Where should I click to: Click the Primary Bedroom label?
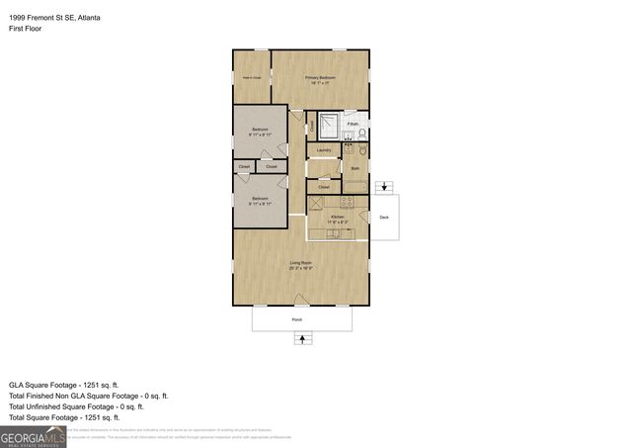pyautogui.click(x=320, y=79)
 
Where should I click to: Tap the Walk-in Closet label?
pyautogui.click(x=252, y=77)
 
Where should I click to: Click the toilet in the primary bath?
pyautogui.click(x=362, y=133)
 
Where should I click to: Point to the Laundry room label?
pyautogui.click(x=323, y=150)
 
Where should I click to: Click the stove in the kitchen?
pyautogui.click(x=347, y=203)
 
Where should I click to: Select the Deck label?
pyautogui.click(x=384, y=218)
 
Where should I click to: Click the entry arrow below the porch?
pyautogui.click(x=301, y=339)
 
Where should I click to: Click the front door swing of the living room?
pyautogui.click(x=305, y=298)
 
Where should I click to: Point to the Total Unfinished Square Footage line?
pyautogui.click(x=76, y=405)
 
